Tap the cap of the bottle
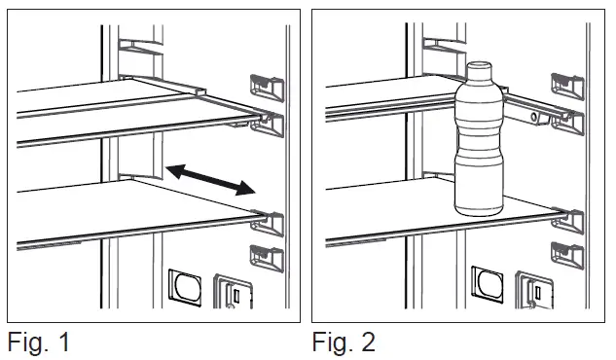pos(478,71)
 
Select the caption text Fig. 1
pos(39,342)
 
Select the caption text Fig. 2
pos(344,342)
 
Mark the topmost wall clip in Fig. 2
pos(566,85)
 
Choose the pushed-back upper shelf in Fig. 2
pos(389,97)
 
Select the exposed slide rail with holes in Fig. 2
pos(530,115)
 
